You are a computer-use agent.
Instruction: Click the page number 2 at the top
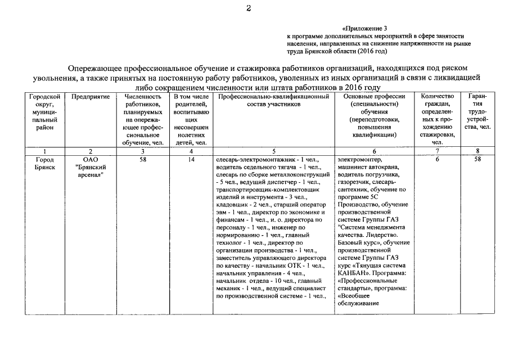[248, 7]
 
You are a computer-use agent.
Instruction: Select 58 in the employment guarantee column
[477, 159]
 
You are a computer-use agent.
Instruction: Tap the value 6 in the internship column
[438, 159]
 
